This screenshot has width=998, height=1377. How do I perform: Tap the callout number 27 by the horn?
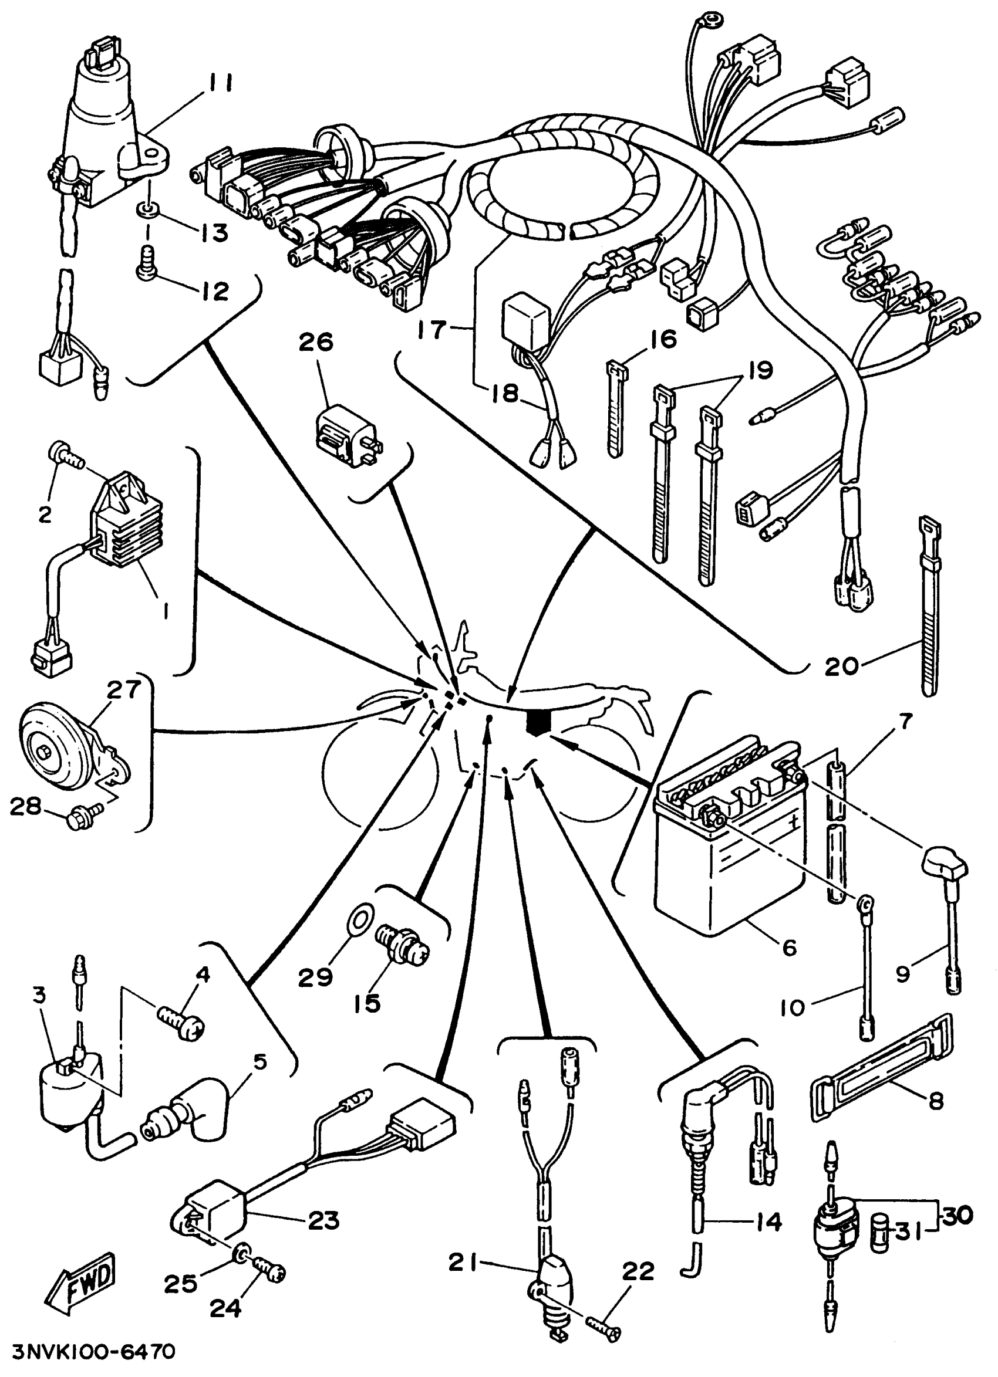[x=124, y=691]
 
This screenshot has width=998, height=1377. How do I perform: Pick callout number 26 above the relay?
[x=316, y=343]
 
